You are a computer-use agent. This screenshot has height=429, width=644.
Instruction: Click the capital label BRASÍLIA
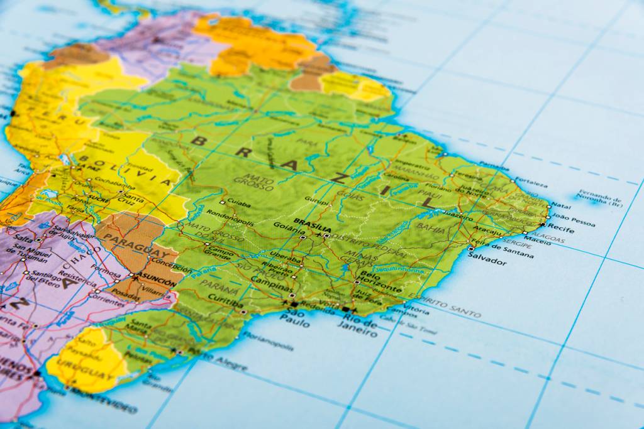[313, 222]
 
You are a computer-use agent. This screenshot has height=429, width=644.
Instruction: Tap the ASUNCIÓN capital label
[154, 282]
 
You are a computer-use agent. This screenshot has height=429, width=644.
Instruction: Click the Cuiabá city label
[239, 204]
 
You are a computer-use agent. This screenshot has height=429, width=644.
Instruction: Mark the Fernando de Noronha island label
[600, 198]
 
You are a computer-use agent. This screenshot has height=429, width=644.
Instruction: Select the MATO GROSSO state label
[254, 182]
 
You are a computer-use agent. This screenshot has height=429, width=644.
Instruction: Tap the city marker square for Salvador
[471, 249]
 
